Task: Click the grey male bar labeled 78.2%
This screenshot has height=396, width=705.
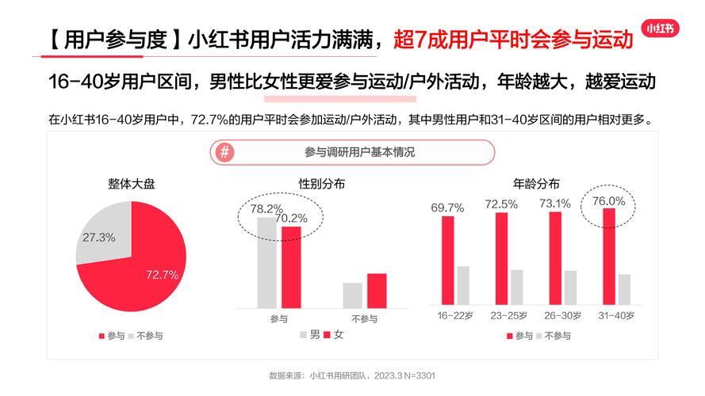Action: point(267,261)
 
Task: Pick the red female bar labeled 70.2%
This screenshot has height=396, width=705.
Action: point(291,266)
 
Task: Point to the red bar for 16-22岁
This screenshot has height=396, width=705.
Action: point(448,260)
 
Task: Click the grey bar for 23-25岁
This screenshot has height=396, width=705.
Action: point(516,287)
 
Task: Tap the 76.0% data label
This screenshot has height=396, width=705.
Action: point(609,201)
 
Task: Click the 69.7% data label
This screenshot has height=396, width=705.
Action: point(447,208)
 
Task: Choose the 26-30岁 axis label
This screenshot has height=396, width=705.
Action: point(562,315)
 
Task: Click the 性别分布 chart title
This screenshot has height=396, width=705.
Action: point(321,185)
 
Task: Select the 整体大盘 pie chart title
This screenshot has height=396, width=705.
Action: point(132,185)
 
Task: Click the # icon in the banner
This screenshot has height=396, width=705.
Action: point(226,152)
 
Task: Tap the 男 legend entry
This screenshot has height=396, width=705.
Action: point(310,335)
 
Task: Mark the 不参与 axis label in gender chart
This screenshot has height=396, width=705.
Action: point(364,318)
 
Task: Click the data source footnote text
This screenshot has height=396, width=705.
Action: point(353,375)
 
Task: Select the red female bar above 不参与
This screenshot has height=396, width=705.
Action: point(377,290)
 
